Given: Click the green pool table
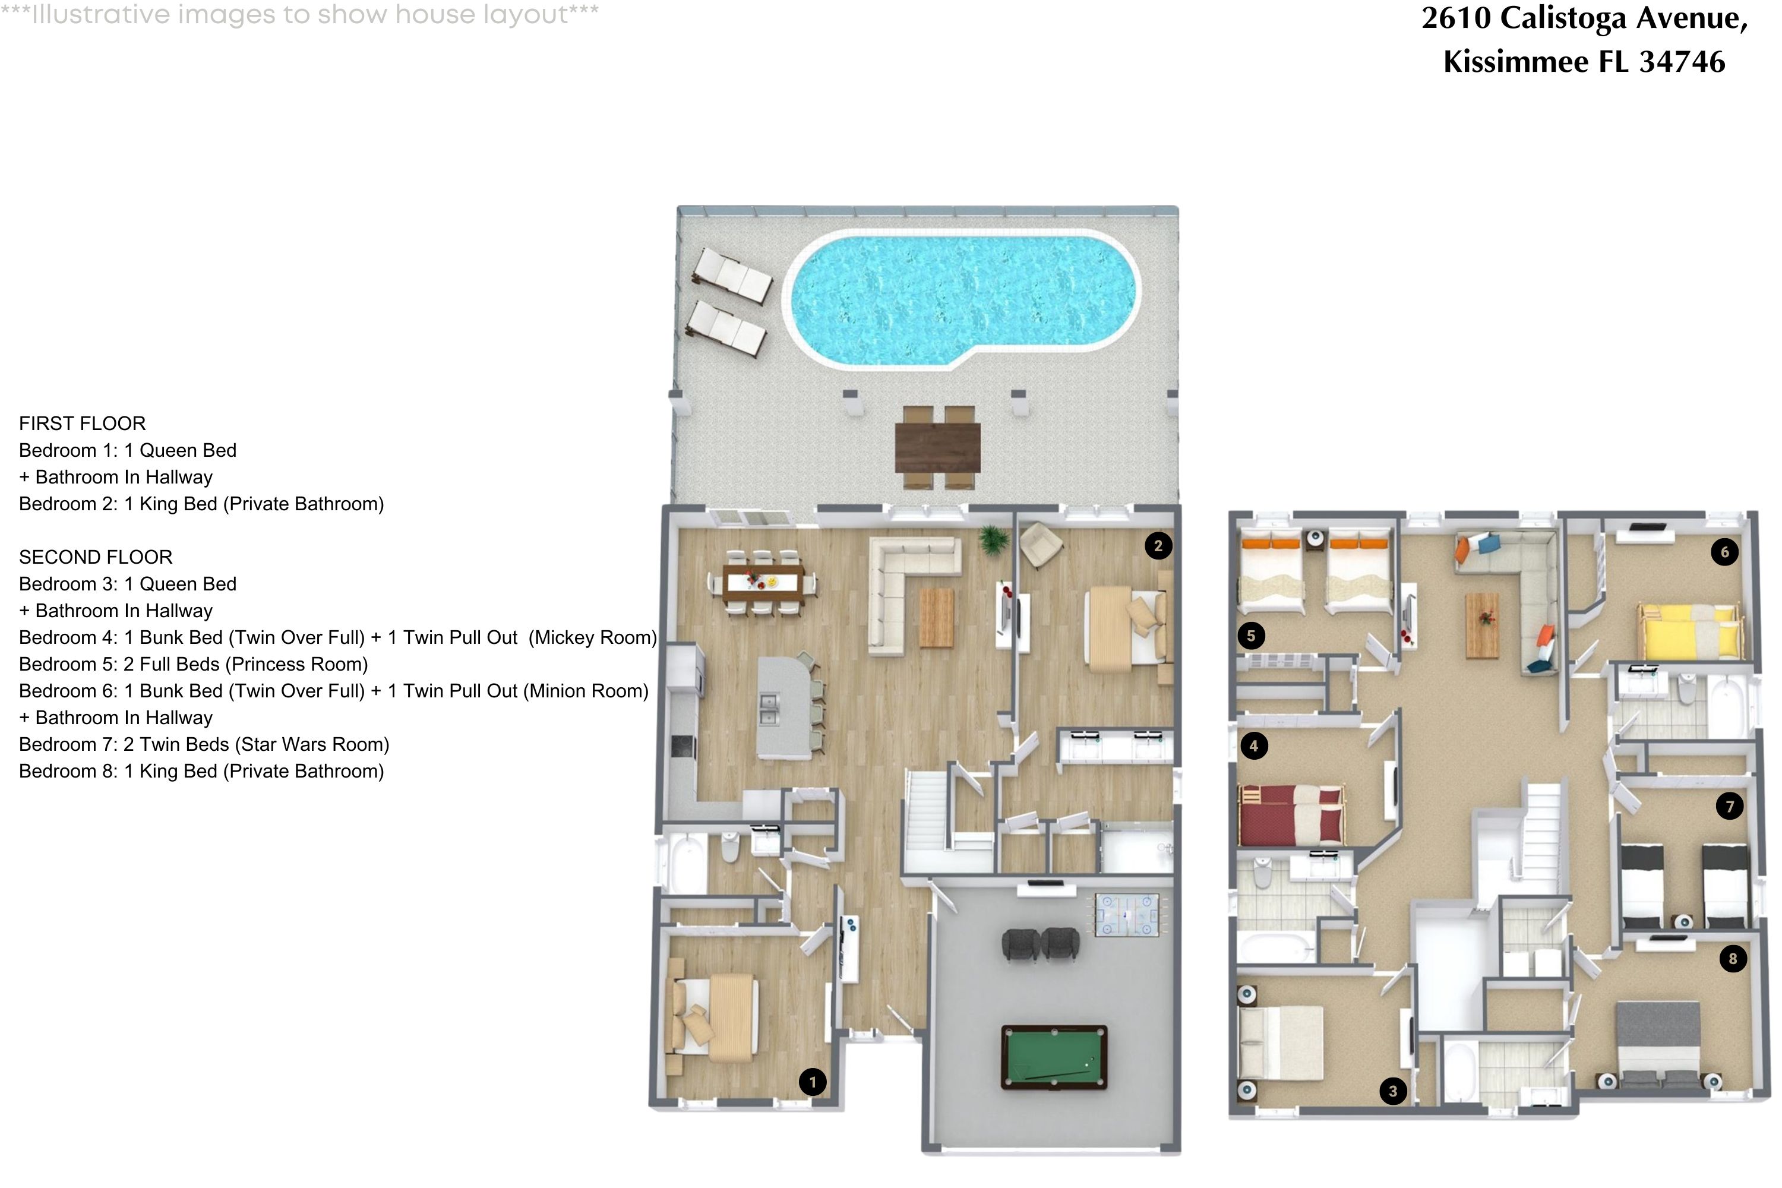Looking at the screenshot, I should coord(1054,1057).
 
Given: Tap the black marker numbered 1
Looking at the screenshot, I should coord(812,1081).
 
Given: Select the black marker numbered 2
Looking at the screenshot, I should coord(1158,545).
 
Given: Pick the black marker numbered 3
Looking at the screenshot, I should coord(1392,1091).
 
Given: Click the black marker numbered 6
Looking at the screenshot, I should coord(1724,552).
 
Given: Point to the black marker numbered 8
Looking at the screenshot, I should coord(1732,959).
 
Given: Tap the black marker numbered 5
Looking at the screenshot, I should coord(1251,636).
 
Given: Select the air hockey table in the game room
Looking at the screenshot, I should coord(1127,915).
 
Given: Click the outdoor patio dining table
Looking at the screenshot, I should coord(937,448).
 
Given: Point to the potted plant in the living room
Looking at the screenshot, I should coord(993,539).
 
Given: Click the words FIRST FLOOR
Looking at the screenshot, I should coord(82,424).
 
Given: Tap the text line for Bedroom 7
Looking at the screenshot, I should coord(204,744).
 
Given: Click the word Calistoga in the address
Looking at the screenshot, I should coord(1562,18).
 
